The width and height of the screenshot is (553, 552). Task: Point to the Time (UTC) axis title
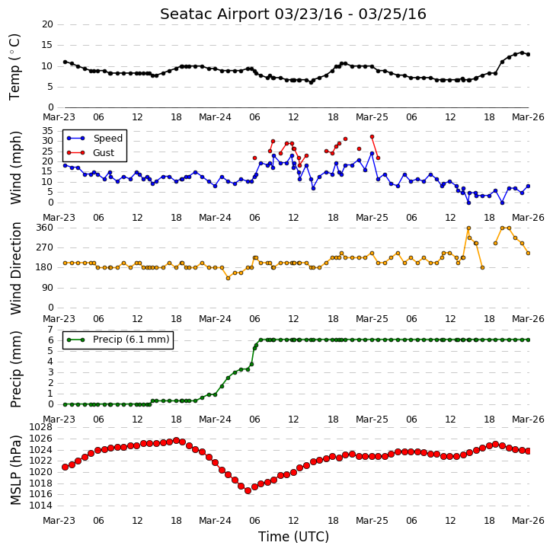point(293,537)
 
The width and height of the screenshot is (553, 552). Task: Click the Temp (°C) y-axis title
point(14,67)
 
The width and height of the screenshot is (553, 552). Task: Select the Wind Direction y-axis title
point(16,268)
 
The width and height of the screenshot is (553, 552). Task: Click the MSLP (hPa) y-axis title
point(16,470)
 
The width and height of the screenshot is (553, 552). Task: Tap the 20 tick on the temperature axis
point(47,24)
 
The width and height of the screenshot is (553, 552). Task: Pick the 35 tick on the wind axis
point(47,131)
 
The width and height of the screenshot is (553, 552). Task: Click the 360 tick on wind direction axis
point(45,228)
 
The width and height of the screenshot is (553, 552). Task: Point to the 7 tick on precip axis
point(50,330)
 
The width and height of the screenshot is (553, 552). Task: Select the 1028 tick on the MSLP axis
point(40,427)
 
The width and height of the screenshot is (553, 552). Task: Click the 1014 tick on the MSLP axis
point(40,506)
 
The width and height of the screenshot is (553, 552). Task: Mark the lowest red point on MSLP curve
point(248,490)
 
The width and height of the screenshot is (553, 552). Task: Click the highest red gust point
point(372,137)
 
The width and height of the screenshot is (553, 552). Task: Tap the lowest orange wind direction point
point(229,278)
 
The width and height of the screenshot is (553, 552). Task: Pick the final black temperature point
point(528,54)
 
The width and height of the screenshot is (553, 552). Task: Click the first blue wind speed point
point(66,165)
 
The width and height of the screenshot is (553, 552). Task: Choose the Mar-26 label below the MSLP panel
point(528,521)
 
